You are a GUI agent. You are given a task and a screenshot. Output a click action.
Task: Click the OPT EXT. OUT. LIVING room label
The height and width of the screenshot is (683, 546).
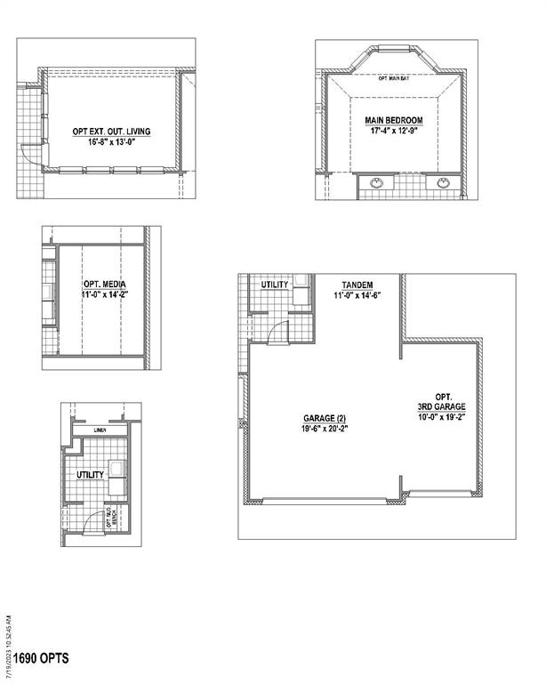[112, 132]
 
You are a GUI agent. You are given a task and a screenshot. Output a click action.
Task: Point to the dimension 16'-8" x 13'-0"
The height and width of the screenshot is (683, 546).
[112, 142]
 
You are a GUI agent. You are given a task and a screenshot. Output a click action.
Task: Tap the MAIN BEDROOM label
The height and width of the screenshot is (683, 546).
[393, 120]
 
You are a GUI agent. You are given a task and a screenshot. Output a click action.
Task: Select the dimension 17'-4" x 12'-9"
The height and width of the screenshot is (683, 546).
[393, 131]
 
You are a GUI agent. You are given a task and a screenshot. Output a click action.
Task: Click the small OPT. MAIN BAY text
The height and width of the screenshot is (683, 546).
[393, 79]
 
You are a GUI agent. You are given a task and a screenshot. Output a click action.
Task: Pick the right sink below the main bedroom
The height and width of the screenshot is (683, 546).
[442, 184]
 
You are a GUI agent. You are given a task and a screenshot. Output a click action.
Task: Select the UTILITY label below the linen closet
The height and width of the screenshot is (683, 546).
[90, 475]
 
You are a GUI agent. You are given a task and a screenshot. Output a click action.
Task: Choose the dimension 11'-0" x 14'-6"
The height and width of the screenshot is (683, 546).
[357, 295]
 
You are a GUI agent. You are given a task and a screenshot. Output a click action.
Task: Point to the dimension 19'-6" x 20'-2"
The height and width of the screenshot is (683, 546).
[321, 428]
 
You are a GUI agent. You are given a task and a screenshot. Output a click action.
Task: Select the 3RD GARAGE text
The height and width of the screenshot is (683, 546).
[444, 407]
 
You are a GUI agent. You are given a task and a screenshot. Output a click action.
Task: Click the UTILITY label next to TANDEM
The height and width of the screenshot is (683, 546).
[275, 285]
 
